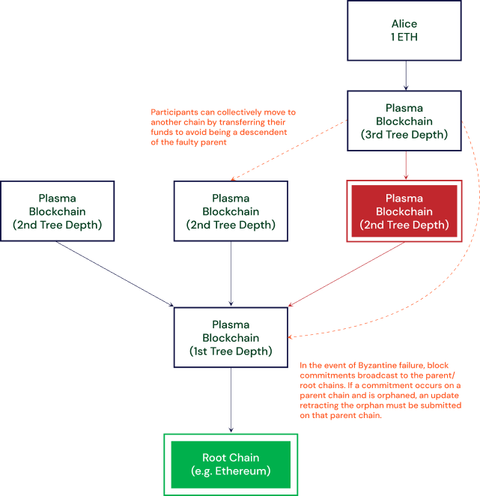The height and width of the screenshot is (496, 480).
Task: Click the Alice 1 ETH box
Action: [405, 30]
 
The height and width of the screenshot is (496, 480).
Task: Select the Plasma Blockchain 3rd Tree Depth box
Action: [405, 121]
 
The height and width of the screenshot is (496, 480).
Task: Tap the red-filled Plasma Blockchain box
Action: [404, 211]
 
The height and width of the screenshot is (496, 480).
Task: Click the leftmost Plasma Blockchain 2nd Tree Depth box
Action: [58, 211]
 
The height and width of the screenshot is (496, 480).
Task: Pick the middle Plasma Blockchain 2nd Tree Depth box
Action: [231, 211]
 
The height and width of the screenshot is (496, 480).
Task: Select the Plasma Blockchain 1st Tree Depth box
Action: [231, 337]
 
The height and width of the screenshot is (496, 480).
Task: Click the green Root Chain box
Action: [231, 465]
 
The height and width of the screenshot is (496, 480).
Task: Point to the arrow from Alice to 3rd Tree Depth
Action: [405, 75]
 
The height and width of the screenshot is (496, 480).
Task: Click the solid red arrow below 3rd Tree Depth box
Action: [405, 165]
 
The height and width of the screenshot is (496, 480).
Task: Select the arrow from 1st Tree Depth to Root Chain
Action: [231, 401]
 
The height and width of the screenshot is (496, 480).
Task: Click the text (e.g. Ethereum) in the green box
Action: [231, 471]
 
